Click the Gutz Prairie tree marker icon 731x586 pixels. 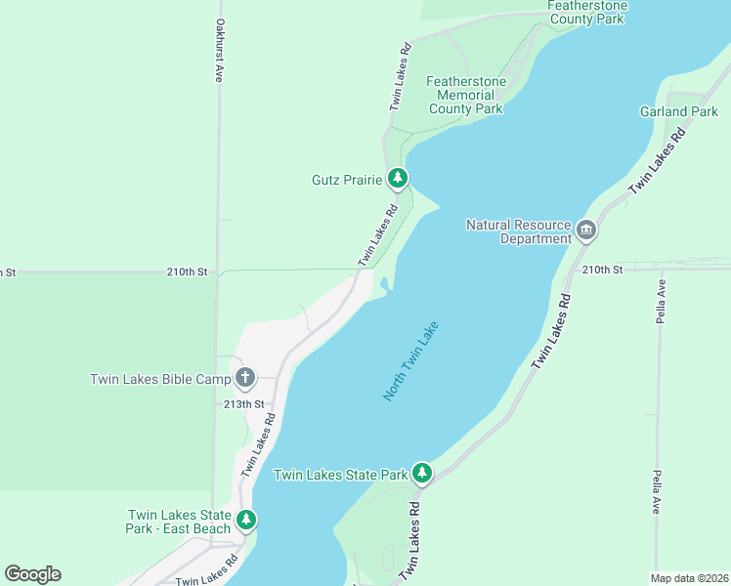397,178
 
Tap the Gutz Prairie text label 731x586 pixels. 346,179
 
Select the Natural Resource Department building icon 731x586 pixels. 586,231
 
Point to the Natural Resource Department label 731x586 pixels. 519,231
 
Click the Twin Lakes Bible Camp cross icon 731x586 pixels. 244,378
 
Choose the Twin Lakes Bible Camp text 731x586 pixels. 160,379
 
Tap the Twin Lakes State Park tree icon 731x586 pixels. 421,474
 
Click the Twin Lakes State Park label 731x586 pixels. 340,475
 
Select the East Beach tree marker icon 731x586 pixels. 247,521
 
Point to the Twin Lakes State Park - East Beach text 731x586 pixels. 180,522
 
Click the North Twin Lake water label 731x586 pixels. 411,360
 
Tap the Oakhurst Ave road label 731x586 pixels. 220,50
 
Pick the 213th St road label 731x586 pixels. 243,403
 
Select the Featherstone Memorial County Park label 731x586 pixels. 466,95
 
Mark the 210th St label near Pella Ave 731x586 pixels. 602,269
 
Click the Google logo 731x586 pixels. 32,574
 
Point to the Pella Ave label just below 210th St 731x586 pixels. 662,302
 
